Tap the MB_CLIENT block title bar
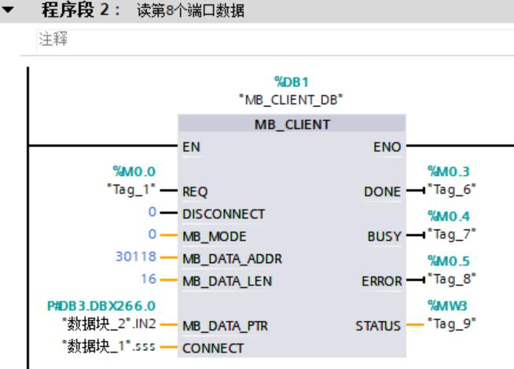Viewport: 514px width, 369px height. click(292, 124)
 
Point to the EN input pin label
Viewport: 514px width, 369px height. click(189, 145)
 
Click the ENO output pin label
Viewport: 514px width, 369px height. click(390, 145)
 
